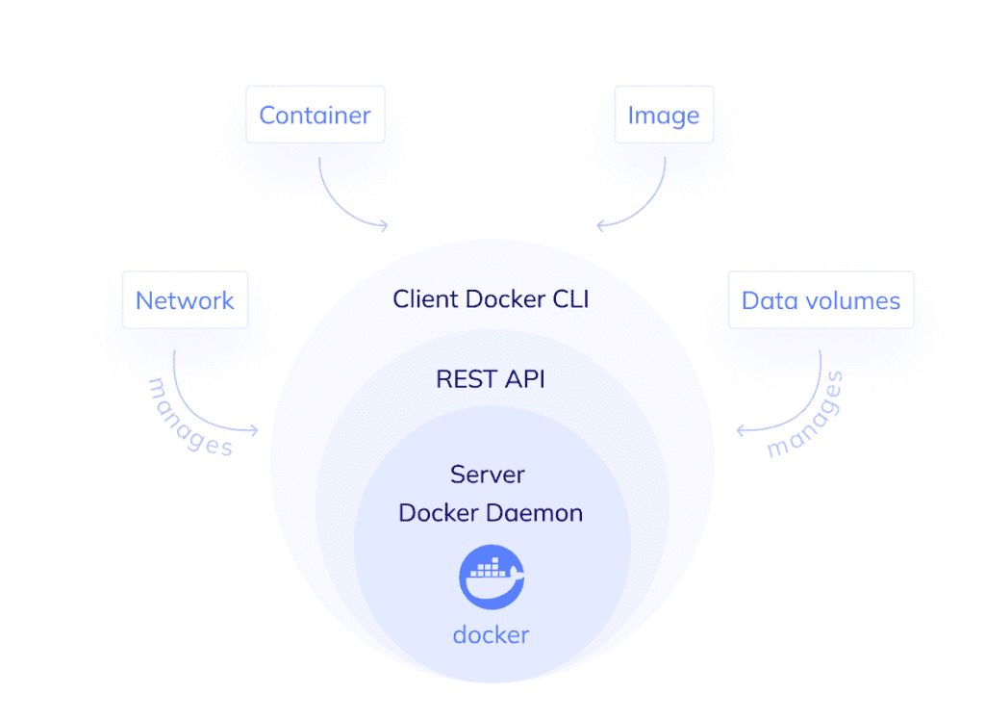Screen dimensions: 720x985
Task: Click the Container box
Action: (315, 115)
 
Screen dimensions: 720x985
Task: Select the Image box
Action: (663, 115)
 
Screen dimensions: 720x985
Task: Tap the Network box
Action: (185, 300)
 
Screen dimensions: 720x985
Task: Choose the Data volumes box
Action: (821, 300)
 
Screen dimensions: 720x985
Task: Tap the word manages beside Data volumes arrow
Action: (805, 416)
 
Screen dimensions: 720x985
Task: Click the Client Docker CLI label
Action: (491, 299)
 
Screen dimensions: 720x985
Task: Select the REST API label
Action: (491, 379)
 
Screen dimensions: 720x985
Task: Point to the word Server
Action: (488, 475)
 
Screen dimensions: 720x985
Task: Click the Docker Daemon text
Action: (491, 513)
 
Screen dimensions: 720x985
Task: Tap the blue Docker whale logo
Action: (492, 577)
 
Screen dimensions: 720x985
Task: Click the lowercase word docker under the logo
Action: (491, 635)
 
